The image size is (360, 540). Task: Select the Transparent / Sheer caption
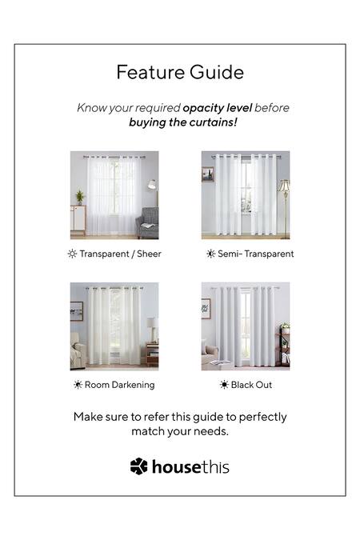(x=119, y=254)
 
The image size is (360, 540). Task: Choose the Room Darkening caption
(x=119, y=385)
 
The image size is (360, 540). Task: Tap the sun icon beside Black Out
(x=224, y=385)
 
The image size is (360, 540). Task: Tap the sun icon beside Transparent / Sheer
(x=72, y=254)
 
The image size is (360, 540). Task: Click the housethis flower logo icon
(x=139, y=466)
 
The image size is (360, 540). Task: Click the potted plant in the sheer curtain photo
(x=79, y=197)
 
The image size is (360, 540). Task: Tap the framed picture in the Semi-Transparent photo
(x=207, y=174)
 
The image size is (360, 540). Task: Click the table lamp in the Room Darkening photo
(x=152, y=327)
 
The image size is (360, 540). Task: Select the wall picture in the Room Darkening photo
(x=76, y=310)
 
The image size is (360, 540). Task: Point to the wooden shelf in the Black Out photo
(x=284, y=346)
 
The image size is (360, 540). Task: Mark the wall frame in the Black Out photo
(x=206, y=308)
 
